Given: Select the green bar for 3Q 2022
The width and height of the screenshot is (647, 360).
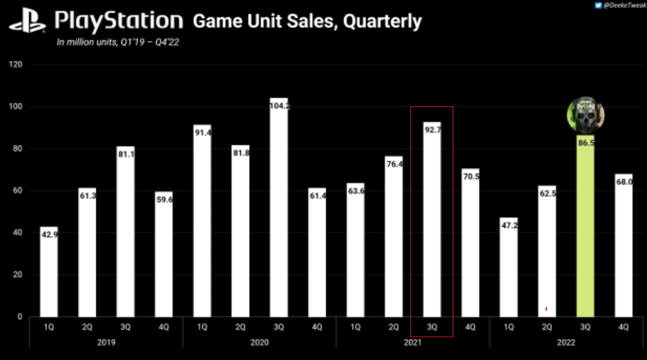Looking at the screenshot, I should coord(586,228).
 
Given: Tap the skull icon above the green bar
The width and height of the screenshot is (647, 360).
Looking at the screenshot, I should coord(586,115).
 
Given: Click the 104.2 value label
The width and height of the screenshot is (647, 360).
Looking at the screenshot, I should coord(279,106).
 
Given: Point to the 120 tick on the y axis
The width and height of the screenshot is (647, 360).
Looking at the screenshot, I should coord(15,65).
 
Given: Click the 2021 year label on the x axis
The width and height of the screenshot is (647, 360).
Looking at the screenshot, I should coord(412,342).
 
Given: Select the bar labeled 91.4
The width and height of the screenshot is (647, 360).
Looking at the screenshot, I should coord(202,228).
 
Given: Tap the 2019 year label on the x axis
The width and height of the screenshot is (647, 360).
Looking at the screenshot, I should coord(106,342).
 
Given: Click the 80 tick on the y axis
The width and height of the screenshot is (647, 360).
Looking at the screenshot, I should coord(17,149).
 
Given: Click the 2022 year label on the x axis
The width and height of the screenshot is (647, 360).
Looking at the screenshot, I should coord(566,342).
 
